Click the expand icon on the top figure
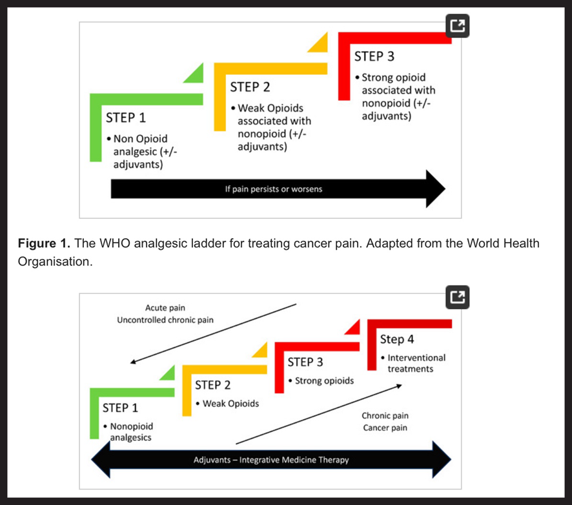(457, 26)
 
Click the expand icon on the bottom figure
(457, 297)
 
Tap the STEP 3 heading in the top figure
(374, 57)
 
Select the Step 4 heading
(397, 339)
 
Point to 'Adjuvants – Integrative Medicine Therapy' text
(271, 460)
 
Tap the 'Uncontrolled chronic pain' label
(165, 320)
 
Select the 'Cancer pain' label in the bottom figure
(385, 428)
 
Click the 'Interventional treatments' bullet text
(413, 363)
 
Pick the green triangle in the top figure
(196, 74)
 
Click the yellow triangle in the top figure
(320, 43)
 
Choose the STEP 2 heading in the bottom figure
(212, 386)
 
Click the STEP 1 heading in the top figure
(126, 118)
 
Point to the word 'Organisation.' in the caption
(56, 262)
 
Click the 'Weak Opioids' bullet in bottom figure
(230, 404)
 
